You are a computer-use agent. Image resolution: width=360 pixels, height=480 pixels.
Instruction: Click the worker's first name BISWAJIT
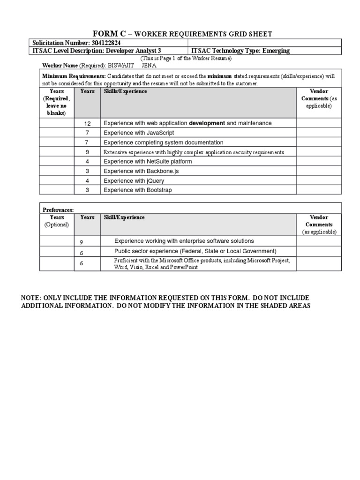[124, 65]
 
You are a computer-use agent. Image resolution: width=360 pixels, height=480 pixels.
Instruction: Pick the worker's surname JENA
[149, 65]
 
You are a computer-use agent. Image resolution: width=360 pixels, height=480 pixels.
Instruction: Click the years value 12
[87, 123]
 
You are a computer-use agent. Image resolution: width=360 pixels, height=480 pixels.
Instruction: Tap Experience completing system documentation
[163, 142]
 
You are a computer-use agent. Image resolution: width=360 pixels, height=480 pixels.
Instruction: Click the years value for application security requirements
[87, 152]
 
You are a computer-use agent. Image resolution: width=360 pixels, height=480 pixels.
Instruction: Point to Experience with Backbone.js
[141, 171]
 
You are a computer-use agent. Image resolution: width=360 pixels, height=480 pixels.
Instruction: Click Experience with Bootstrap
[138, 190]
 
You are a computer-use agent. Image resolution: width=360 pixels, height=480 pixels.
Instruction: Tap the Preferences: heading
[59, 210]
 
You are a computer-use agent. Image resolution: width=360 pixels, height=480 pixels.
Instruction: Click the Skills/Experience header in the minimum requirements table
[125, 91]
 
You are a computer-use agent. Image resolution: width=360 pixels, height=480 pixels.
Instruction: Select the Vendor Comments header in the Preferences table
[319, 221]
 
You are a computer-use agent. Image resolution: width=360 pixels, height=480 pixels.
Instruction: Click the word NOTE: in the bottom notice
[31, 298]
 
